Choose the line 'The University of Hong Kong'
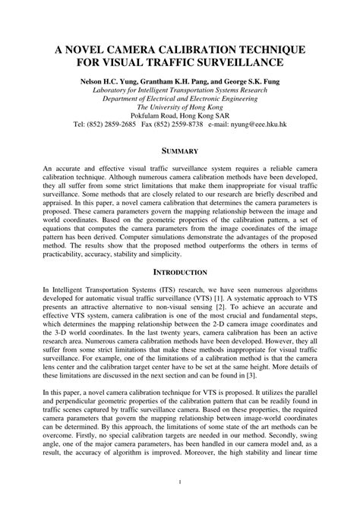point(180,106)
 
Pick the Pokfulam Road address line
point(180,115)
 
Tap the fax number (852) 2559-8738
point(198,125)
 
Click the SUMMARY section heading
point(180,151)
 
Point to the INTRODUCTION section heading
point(180,270)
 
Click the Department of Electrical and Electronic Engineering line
point(180,97)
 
